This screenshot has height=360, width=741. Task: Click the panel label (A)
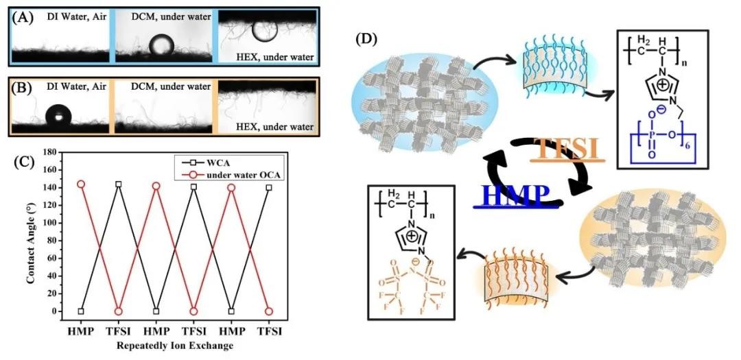pos(25,17)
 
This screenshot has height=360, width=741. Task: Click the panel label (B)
pos(25,88)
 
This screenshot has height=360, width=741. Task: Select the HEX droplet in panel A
pos(263,29)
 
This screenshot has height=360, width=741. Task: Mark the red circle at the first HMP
pos(81,184)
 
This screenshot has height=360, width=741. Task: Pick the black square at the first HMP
pos(81,311)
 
